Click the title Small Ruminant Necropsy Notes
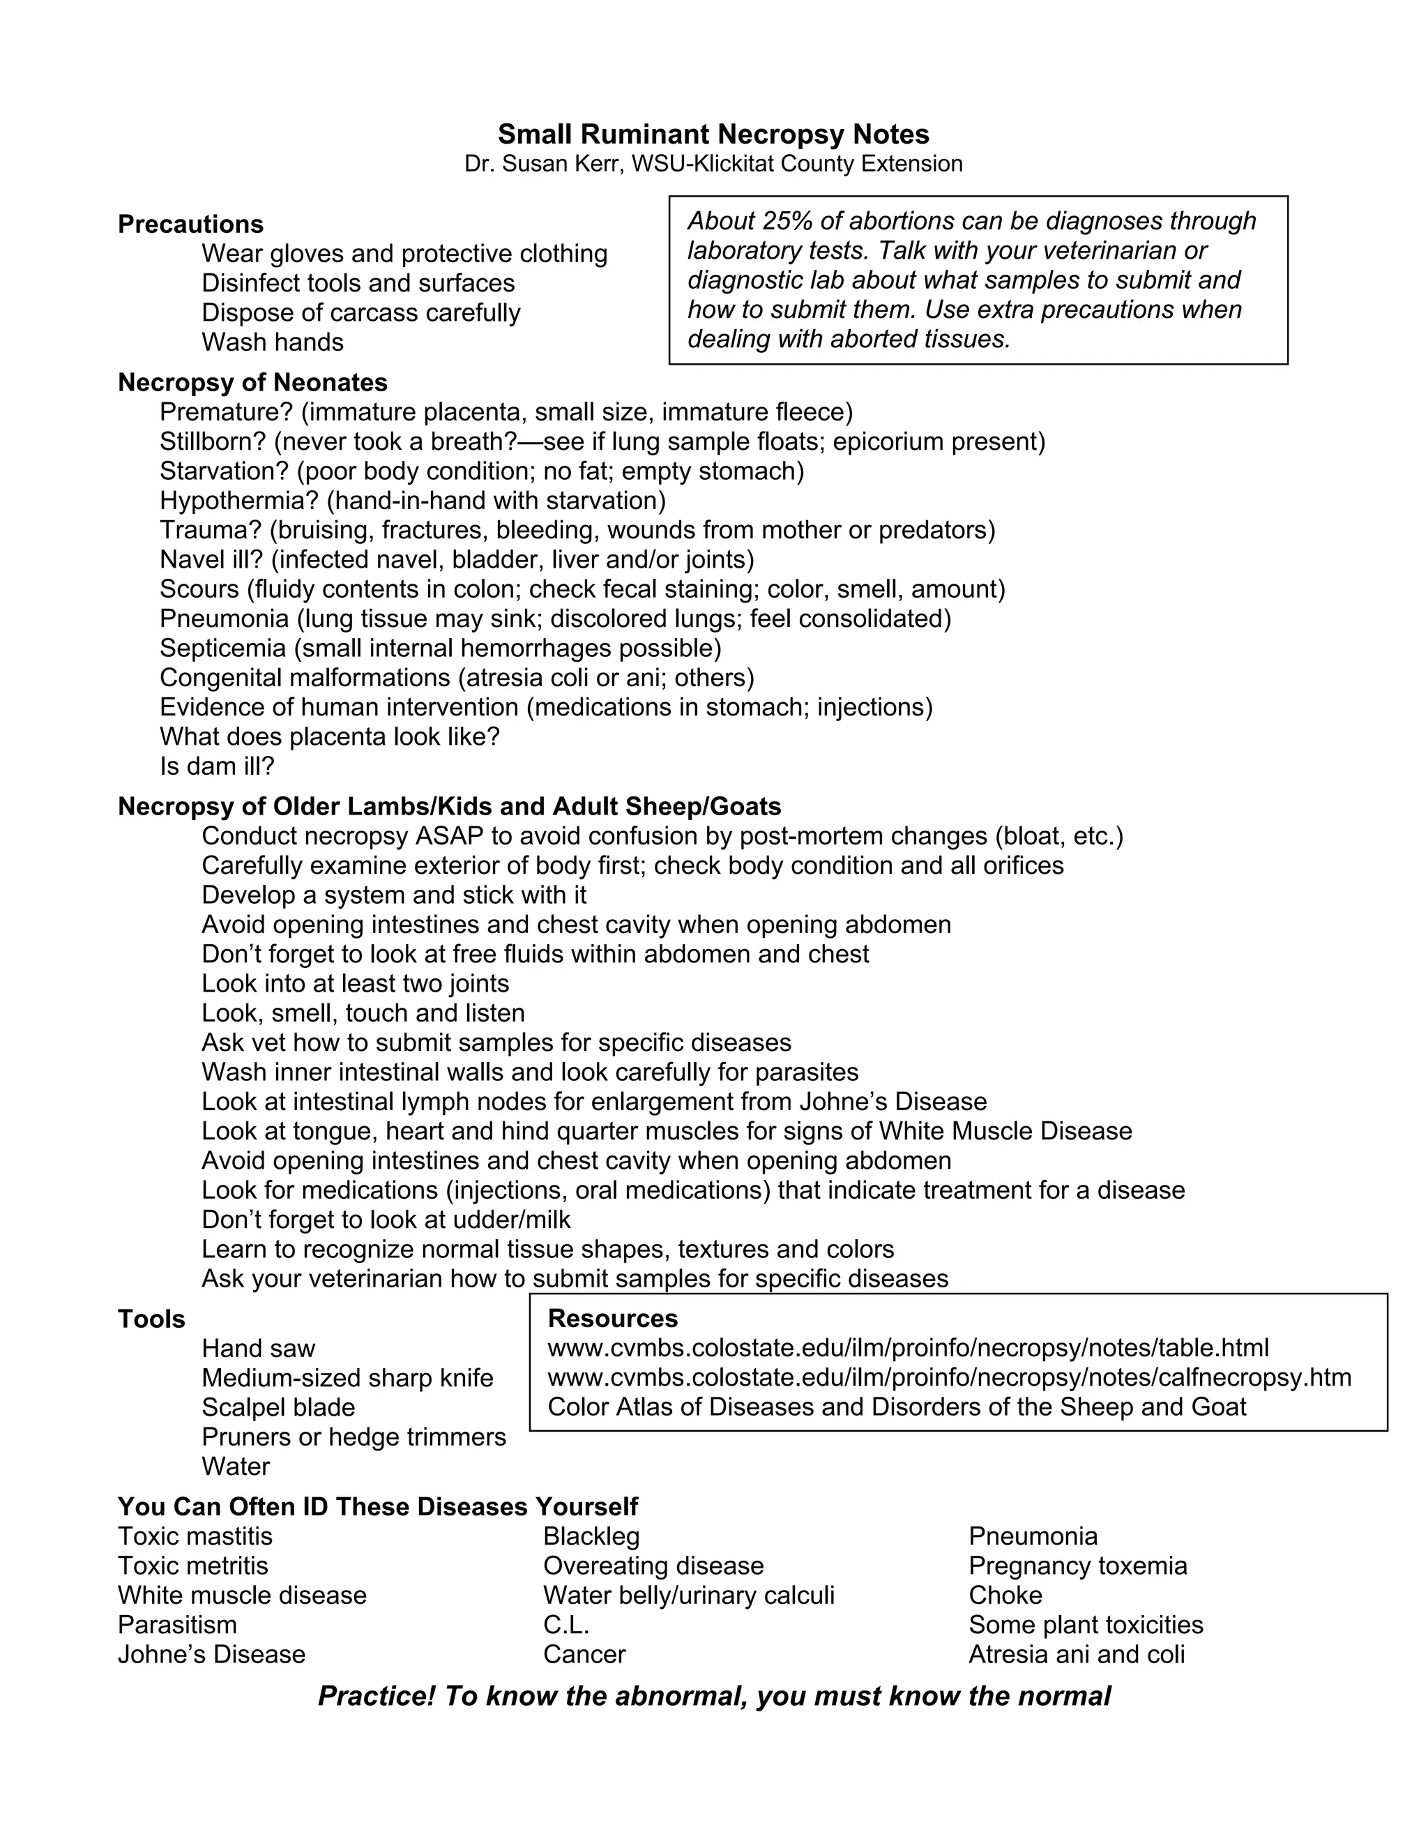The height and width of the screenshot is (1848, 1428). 713,135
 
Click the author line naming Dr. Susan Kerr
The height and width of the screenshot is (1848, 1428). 713,163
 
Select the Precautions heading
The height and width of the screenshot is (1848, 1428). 190,225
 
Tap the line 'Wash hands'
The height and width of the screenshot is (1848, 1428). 273,342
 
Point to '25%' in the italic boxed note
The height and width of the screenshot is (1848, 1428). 787,221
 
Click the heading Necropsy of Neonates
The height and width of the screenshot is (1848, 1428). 252,382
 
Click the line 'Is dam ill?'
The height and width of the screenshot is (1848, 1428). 218,766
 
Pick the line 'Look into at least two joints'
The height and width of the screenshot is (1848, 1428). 356,983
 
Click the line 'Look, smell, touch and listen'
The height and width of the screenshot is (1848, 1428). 363,1013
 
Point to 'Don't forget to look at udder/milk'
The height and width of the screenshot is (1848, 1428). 386,1219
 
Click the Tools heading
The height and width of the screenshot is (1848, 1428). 151,1319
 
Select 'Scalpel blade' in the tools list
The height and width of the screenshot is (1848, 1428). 278,1407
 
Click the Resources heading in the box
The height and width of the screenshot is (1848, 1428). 612,1318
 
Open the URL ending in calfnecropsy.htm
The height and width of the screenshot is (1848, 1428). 949,1377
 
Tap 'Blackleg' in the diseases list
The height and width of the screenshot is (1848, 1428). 591,1536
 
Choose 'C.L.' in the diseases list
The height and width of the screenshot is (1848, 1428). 566,1625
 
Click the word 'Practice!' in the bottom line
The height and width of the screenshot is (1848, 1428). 377,1696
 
